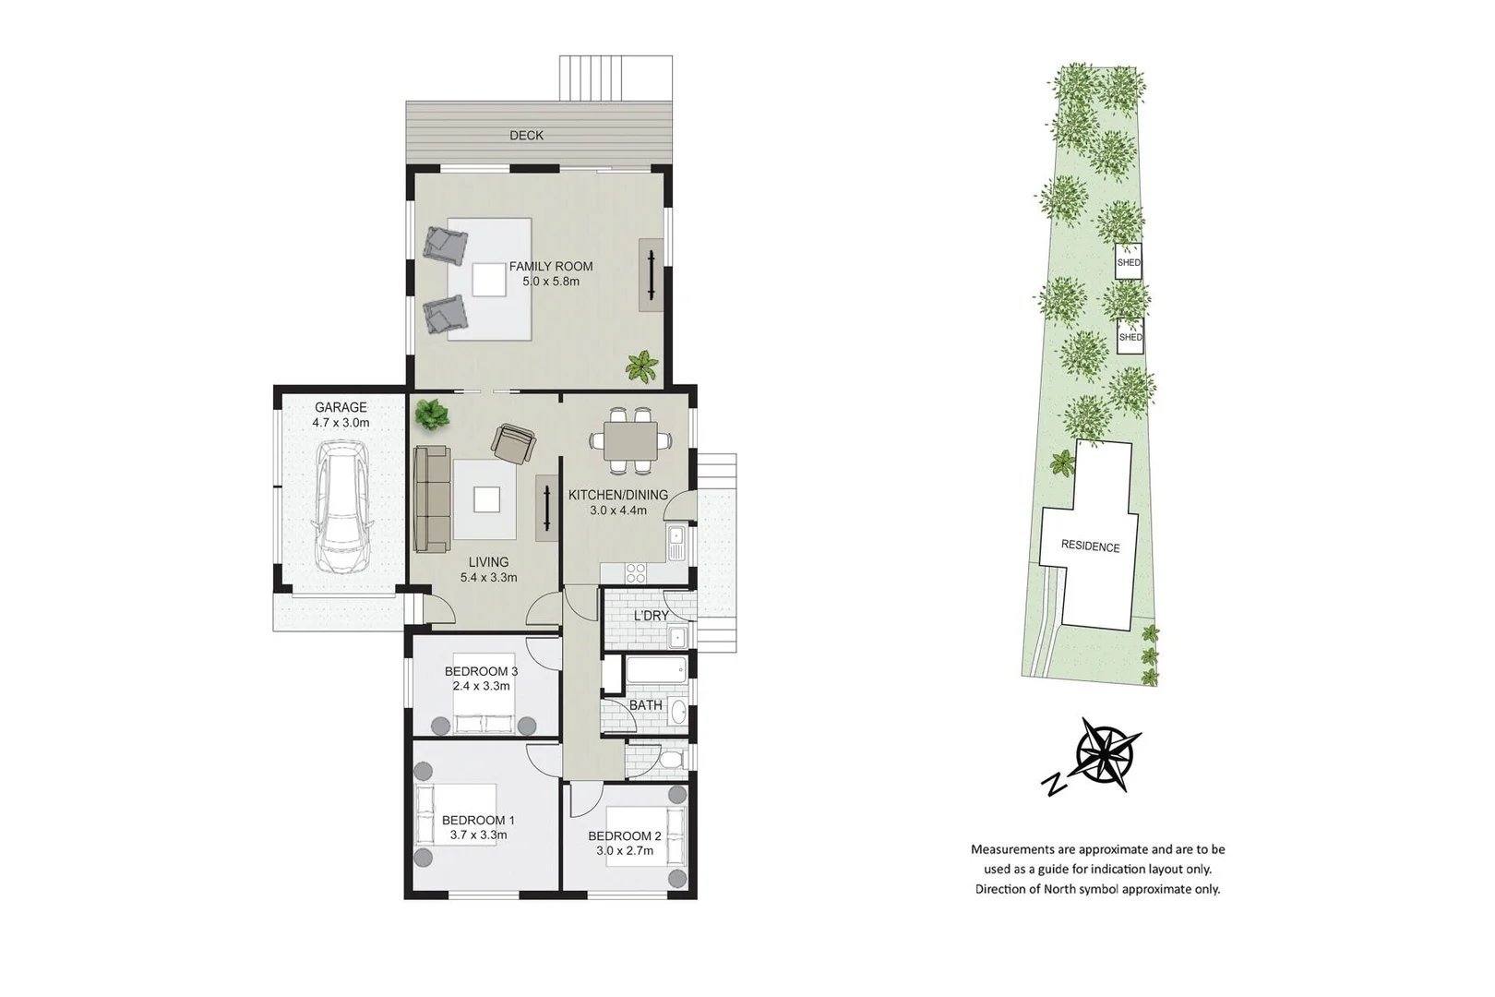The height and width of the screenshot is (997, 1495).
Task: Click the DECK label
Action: click(x=526, y=136)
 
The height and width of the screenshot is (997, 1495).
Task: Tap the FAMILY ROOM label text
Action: click(x=551, y=267)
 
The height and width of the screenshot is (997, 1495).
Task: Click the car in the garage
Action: click(x=341, y=507)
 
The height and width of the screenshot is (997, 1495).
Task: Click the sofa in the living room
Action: click(x=431, y=499)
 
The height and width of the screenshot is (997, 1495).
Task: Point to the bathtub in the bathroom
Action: click(x=656, y=669)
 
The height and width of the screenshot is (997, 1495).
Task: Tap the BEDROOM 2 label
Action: click(x=625, y=836)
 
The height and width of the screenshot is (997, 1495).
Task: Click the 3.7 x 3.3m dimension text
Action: click(x=478, y=835)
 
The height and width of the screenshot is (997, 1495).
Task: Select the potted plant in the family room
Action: click(x=641, y=367)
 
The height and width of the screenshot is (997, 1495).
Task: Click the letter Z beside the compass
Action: click(x=1053, y=785)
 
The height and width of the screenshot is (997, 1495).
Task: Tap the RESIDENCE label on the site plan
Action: click(x=1090, y=547)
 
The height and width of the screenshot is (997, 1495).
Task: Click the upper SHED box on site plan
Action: click(x=1129, y=261)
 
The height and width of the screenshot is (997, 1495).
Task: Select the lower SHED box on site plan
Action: click(x=1130, y=336)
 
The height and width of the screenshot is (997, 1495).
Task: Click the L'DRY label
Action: click(x=651, y=616)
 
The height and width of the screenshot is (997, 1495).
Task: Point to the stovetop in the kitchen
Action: click(x=636, y=572)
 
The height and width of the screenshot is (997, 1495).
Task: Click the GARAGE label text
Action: click(x=341, y=407)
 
